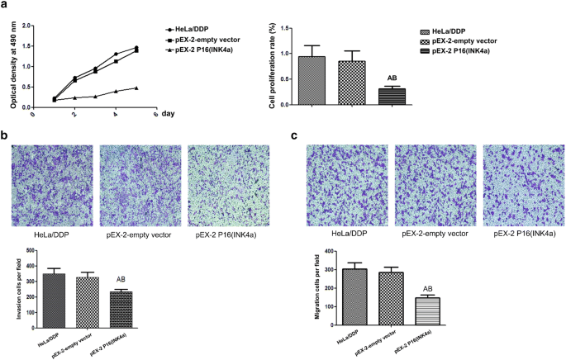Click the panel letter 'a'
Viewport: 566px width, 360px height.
5,6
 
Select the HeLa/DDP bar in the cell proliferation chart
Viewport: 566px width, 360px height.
311,80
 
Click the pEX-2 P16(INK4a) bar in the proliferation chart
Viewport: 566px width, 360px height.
392,96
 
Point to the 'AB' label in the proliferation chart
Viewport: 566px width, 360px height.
392,78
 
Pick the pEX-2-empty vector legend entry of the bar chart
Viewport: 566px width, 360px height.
479,39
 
